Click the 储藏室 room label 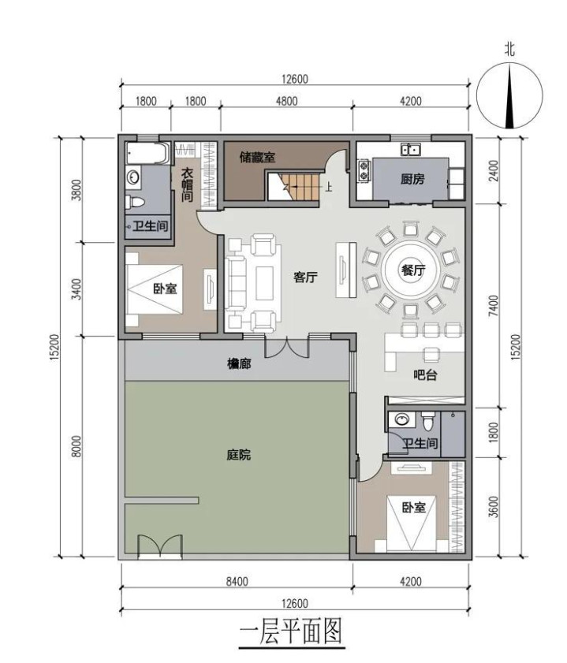[x=257, y=158]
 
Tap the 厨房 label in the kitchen [x=412, y=179]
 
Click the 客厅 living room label [x=305, y=277]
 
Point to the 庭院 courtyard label [x=238, y=455]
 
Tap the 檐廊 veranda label [x=239, y=363]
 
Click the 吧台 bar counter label [x=425, y=374]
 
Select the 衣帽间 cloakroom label [x=188, y=184]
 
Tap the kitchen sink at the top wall [x=410, y=149]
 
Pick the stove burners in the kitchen [x=364, y=170]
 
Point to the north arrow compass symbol [x=510, y=95]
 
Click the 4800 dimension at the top [x=286, y=101]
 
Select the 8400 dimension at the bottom [x=237, y=582]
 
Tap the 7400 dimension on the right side [x=493, y=306]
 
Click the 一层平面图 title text [x=291, y=632]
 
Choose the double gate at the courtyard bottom [x=160, y=546]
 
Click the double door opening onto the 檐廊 [x=287, y=347]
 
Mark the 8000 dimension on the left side [x=76, y=446]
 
